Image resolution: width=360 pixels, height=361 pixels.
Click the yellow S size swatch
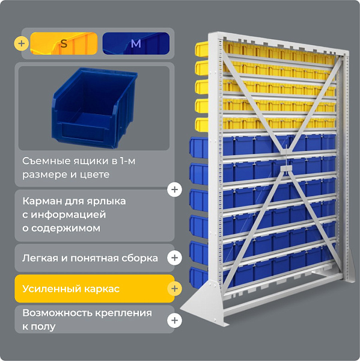pyautogui.click(x=64, y=43)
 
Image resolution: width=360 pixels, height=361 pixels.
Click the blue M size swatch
pyautogui.click(x=136, y=43)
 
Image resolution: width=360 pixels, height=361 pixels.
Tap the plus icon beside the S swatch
pyautogui.click(x=22, y=43)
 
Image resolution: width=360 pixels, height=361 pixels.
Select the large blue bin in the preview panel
pyautogui.click(x=94, y=107)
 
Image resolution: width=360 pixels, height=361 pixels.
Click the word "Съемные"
pyautogui.click(x=47, y=161)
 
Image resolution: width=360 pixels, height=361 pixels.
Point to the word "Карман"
pyautogui.click(x=42, y=202)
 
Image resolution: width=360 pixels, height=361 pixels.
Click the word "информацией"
pyautogui.click(x=69, y=215)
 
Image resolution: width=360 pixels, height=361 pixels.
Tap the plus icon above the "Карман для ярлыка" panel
pyautogui.click(x=175, y=190)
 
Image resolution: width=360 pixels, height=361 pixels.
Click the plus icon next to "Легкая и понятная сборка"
pyautogui.click(x=175, y=258)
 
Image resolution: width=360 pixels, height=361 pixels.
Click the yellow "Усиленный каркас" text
pyautogui.click(x=71, y=289)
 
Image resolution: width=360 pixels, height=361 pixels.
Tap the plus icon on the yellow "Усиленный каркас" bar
pyautogui.click(x=175, y=288)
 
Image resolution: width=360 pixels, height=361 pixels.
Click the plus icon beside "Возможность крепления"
pyautogui.click(x=175, y=320)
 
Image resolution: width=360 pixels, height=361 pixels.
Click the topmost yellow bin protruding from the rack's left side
pyautogui.click(x=202, y=49)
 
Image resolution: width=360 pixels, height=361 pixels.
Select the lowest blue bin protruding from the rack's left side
pyautogui.click(x=199, y=278)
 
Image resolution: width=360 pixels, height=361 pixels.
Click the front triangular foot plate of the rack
pyautogui.click(x=205, y=302)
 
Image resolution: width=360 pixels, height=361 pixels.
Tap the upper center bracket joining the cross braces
pyautogui.click(x=285, y=150)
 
